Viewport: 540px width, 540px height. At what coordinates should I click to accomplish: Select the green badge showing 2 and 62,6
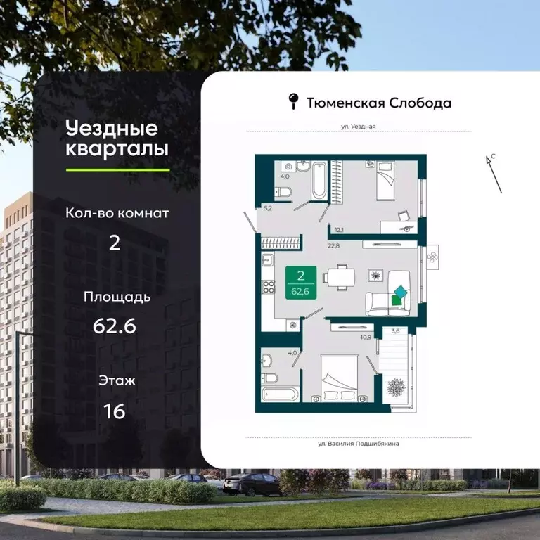(300, 283)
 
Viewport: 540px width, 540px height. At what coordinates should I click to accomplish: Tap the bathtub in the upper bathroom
(319, 181)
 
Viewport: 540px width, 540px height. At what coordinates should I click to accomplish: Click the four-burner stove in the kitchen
(268, 288)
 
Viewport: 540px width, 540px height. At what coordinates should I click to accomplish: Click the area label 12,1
(339, 229)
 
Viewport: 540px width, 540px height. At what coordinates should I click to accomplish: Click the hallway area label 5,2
(268, 209)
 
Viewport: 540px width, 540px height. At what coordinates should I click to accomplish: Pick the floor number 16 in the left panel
(115, 411)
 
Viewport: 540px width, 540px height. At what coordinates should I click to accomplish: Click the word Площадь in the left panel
(117, 297)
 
